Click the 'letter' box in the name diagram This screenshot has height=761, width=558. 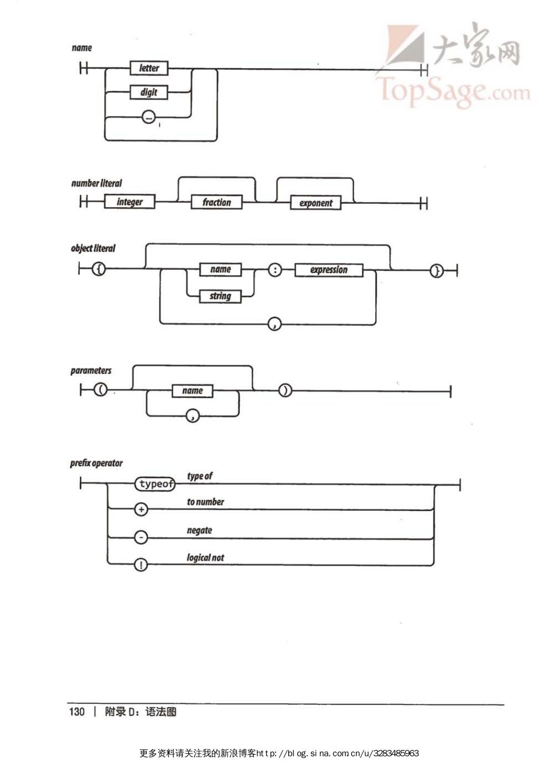click(149, 68)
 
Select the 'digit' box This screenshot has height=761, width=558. click(149, 92)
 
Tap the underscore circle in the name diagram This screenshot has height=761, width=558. click(149, 118)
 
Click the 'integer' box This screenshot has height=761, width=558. click(129, 202)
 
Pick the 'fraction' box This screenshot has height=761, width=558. click(216, 202)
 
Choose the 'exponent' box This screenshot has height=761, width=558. click(316, 203)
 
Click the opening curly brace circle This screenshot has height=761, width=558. click(99, 269)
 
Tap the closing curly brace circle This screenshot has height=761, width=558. click(436, 271)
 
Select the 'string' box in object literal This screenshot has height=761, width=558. click(220, 296)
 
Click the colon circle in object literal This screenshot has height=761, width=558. click(275, 270)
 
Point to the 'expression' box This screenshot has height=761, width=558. click(329, 270)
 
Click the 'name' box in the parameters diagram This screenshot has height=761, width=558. click(192, 391)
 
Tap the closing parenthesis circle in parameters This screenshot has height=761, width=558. click(285, 391)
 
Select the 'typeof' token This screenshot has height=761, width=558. click(156, 484)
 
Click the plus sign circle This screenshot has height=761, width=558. click(141, 509)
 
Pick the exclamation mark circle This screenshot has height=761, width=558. click(141, 565)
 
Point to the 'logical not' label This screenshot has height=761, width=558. click(205, 558)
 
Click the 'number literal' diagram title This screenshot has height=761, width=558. click(97, 183)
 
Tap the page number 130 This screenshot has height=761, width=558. click(77, 711)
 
